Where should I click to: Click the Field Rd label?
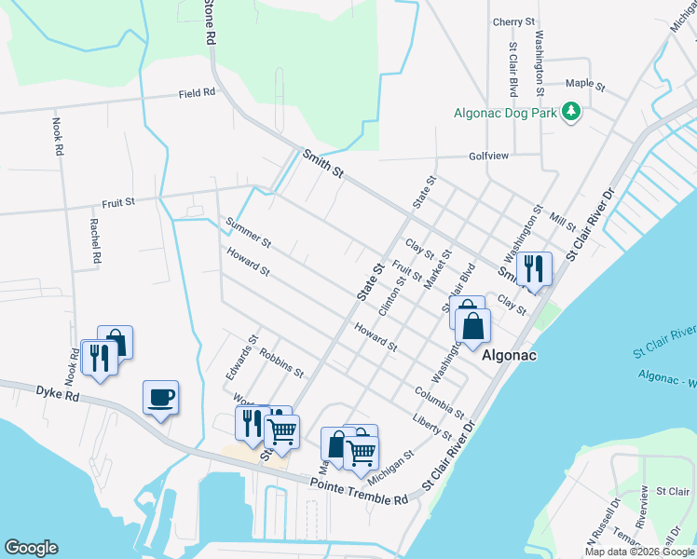[197, 93]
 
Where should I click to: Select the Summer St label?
[248, 232]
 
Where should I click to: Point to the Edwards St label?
[239, 357]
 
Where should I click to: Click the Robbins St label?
[281, 362]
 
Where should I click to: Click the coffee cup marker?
[161, 398]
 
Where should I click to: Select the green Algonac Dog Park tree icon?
[571, 113]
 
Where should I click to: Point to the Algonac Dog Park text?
[504, 113]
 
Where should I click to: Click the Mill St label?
[563, 222]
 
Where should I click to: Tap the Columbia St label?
[441, 401]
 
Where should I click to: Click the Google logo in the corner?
[31, 548]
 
